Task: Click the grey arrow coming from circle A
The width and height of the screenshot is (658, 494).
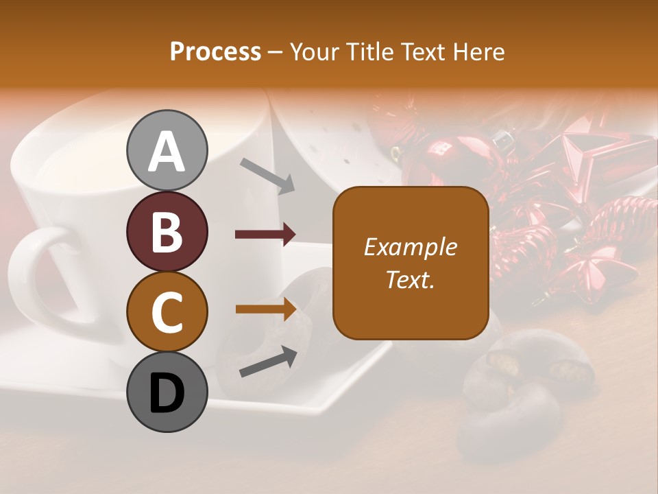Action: [267, 175]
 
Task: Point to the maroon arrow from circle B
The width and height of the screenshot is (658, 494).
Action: [265, 235]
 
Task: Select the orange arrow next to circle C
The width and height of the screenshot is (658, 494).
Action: [265, 309]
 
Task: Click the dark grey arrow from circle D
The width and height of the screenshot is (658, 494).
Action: [268, 362]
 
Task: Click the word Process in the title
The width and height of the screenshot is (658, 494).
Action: [215, 51]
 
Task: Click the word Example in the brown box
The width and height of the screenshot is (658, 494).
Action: [410, 247]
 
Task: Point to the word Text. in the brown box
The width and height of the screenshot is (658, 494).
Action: [410, 280]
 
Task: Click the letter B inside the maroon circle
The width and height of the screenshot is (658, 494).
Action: [167, 231]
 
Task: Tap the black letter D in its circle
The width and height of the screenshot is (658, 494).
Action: [167, 393]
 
